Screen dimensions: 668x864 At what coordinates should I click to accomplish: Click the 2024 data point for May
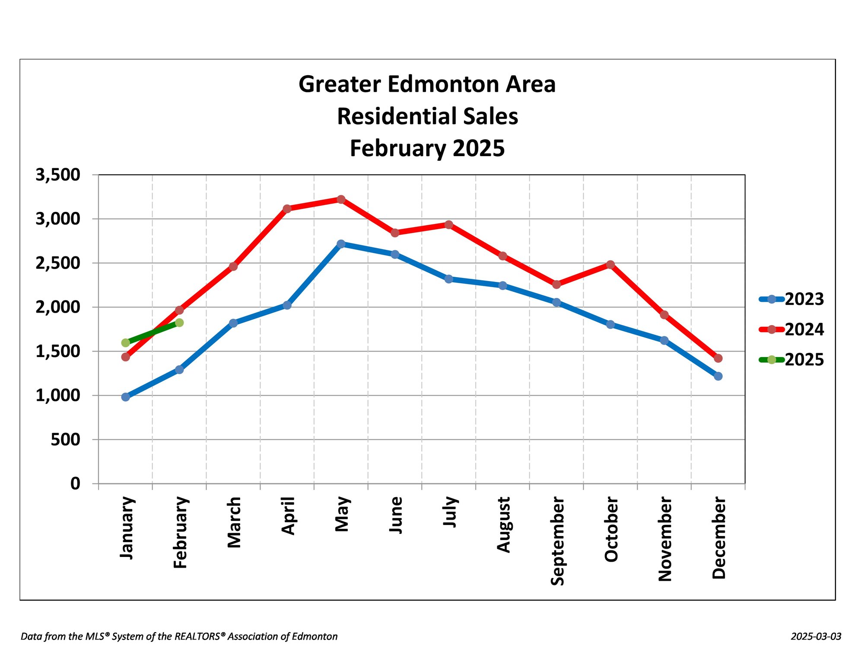341,199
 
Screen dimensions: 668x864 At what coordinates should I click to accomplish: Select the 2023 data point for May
341,244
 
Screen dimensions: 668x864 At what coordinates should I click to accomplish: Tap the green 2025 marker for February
179,323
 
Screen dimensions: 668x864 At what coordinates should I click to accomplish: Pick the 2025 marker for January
126,343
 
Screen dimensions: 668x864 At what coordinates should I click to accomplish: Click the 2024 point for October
610,265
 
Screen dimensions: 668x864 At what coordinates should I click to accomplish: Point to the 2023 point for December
718,376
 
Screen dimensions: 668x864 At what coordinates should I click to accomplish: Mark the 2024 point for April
287,209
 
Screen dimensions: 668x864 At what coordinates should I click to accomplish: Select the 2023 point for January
126,397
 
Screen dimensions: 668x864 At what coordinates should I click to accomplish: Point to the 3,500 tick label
58,175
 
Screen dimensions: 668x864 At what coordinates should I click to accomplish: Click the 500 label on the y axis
65,440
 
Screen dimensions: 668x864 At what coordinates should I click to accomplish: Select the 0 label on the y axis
75,483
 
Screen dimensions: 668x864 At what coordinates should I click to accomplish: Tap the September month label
557,541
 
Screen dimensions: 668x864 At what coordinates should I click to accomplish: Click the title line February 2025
427,148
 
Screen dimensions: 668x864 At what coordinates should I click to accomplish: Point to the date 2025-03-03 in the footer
816,636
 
